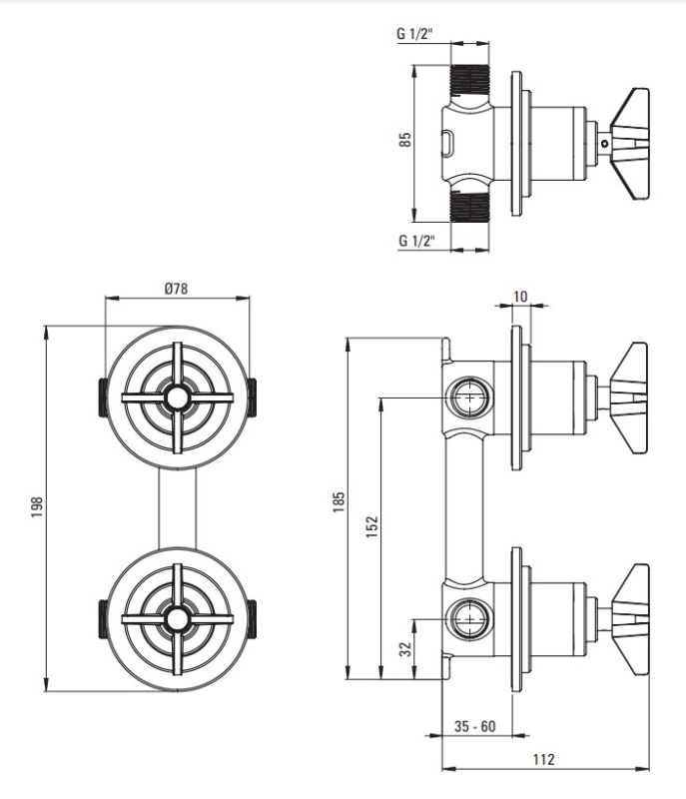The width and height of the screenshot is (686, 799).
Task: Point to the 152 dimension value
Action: pos(372,527)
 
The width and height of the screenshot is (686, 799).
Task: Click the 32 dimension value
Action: pos(405,648)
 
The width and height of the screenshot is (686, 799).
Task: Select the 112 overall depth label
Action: pos(543,759)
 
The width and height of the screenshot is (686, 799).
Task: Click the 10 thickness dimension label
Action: pos(520,296)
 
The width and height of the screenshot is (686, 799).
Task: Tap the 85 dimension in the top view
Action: pos(404,141)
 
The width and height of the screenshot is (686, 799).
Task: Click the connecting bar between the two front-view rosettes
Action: pos(178,507)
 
